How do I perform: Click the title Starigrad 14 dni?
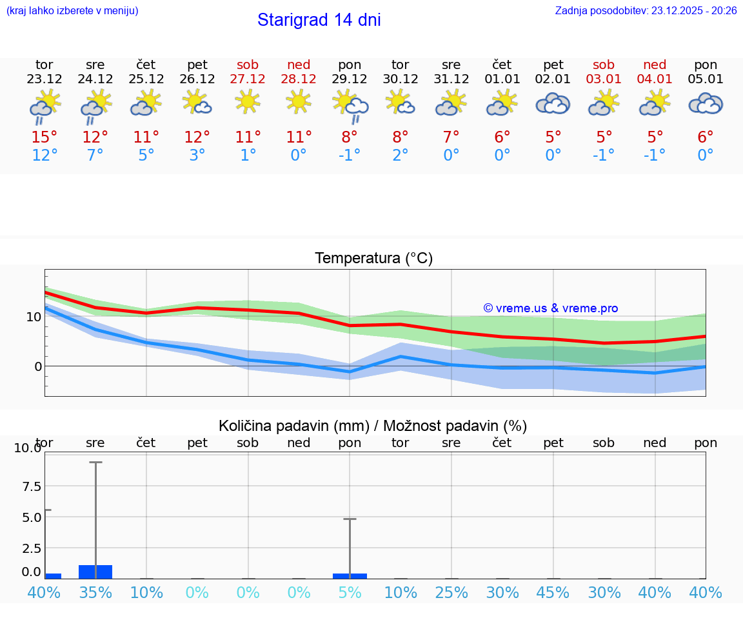pyautogui.click(x=319, y=20)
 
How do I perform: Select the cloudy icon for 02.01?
pyautogui.click(x=553, y=103)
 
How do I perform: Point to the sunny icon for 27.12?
pyautogui.click(x=248, y=101)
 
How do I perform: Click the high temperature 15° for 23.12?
pyautogui.click(x=44, y=137)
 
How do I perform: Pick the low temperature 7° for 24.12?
pyautogui.click(x=95, y=155)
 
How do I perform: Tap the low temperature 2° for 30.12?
pyautogui.click(x=401, y=155)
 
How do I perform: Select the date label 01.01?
pyautogui.click(x=502, y=79)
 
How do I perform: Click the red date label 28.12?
pyautogui.click(x=299, y=79)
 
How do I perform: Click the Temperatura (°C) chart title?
pyautogui.click(x=373, y=259)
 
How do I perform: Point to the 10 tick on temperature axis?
pyautogui.click(x=34, y=317)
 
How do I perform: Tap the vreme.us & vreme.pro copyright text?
pyautogui.click(x=550, y=308)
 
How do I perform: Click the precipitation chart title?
pyautogui.click(x=373, y=426)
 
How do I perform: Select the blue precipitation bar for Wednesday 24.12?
pyautogui.click(x=95, y=572)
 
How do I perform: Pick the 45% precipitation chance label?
pyautogui.click(x=553, y=592)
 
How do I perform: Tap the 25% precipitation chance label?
pyautogui.click(x=451, y=592)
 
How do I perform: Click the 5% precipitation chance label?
pyautogui.click(x=350, y=592)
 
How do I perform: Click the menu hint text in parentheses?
pyautogui.click(x=72, y=10)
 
